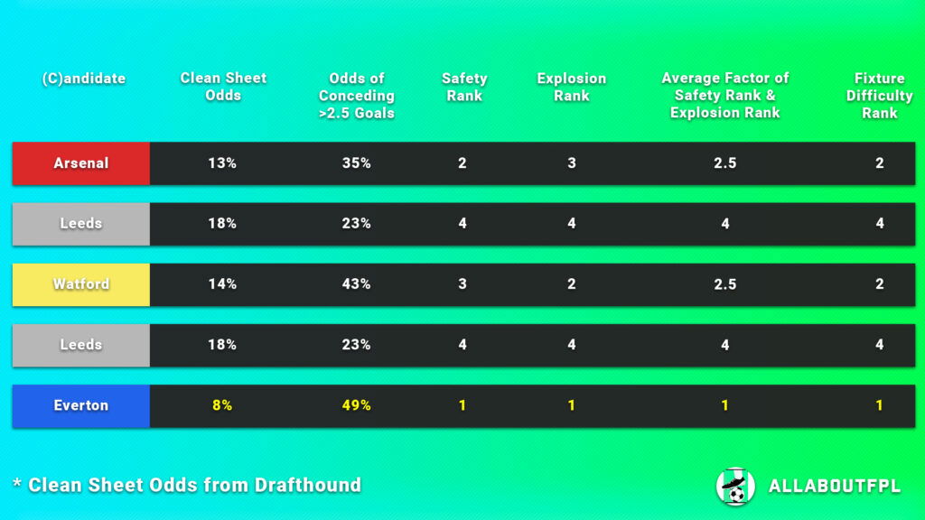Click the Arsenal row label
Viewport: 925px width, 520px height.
81,163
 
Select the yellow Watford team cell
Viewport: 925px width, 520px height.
81,284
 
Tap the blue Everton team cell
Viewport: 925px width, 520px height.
81,405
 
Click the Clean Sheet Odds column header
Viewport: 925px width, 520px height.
223,87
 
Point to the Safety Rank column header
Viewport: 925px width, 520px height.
463,87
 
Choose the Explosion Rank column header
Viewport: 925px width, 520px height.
571,87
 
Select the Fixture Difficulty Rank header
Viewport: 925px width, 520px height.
879,96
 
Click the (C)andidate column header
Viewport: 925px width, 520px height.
83,79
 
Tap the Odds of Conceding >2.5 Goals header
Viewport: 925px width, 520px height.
357,96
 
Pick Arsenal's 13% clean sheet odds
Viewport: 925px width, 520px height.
222,163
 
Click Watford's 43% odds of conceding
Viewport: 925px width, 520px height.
356,284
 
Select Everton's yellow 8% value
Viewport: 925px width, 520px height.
222,405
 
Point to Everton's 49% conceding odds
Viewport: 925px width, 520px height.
356,405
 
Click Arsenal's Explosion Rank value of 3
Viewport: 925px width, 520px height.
572,163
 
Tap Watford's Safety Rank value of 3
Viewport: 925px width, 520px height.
462,284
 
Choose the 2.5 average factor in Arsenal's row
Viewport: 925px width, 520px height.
724,163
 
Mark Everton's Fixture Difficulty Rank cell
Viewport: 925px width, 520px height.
879,405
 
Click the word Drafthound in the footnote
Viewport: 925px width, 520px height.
308,485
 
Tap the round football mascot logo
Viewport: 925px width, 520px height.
734,486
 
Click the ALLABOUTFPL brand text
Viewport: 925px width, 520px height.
834,487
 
